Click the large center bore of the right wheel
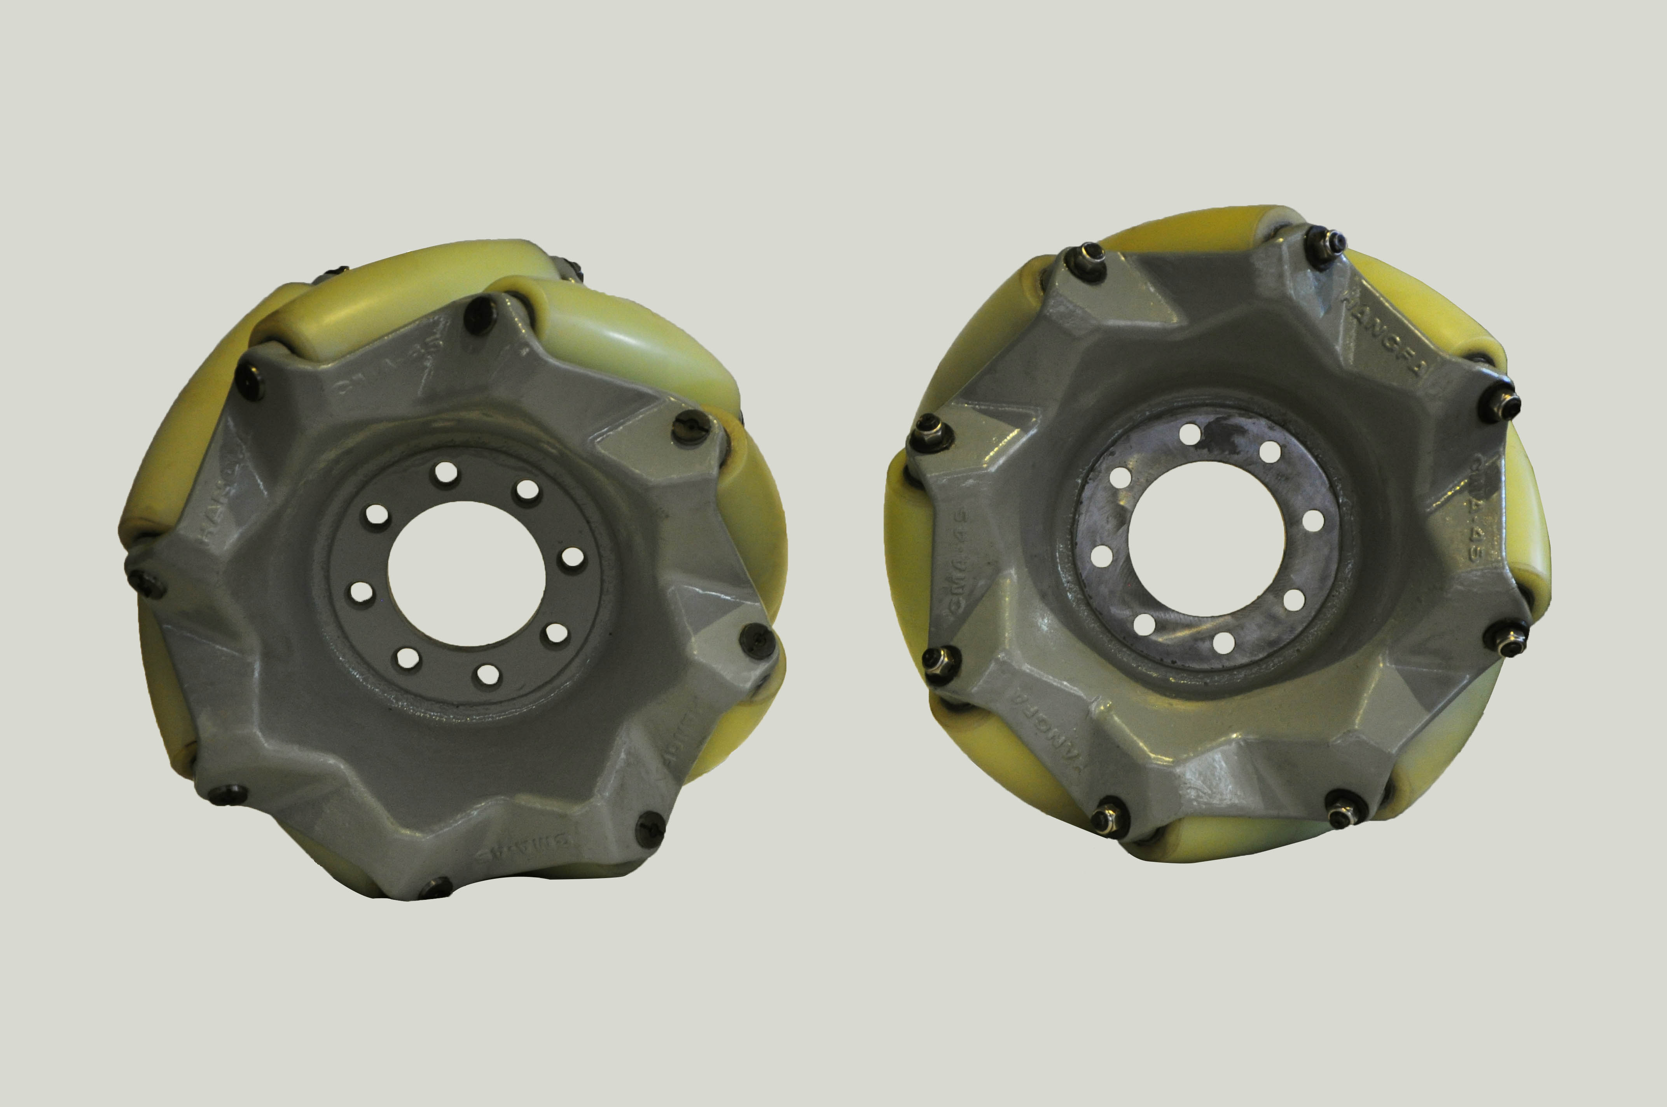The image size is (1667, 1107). (1206, 540)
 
